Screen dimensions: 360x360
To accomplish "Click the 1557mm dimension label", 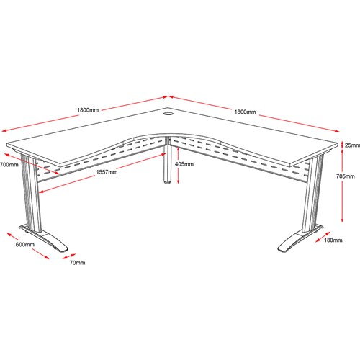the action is [x=107, y=172].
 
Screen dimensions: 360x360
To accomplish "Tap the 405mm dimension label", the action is [x=184, y=164].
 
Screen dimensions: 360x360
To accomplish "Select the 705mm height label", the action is [x=346, y=176].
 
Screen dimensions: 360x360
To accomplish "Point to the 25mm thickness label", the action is [x=352, y=145].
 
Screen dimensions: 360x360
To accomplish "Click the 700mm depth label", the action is [x=9, y=165].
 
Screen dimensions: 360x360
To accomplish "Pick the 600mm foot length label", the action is [x=25, y=245].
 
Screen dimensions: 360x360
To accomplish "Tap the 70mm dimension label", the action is [x=77, y=263].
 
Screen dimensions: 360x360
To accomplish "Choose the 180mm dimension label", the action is [x=333, y=240].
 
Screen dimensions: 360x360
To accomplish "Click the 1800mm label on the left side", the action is [x=88, y=110].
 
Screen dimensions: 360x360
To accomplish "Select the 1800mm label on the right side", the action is [x=245, y=112].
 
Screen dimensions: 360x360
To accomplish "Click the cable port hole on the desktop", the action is [x=168, y=113].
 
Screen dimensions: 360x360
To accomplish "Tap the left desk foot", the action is [x=45, y=239].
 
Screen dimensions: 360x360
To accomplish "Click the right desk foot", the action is [x=300, y=239].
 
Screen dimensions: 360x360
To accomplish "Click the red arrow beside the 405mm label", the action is [x=178, y=165].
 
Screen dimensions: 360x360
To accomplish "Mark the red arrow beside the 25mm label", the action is [x=342, y=145].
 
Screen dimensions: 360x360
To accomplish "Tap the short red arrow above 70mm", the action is [x=69, y=256].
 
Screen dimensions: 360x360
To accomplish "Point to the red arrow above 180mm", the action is [x=323, y=237].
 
